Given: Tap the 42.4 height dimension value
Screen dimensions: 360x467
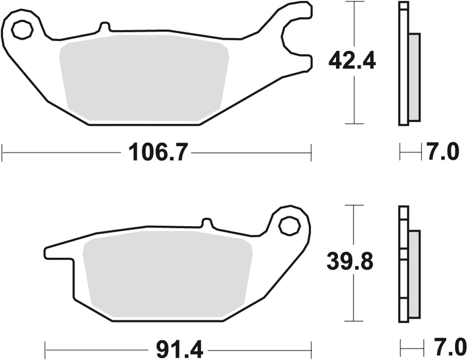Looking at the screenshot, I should coord(352,61).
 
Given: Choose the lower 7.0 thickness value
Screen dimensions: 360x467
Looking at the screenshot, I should coord(446,347).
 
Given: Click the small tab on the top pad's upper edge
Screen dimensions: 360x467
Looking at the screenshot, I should coord(104,27).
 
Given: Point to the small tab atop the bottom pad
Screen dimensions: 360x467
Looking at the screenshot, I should coord(206,223).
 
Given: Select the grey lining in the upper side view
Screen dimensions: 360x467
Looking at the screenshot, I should coord(414,77).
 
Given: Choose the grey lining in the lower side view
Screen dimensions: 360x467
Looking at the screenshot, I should coord(414,273).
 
